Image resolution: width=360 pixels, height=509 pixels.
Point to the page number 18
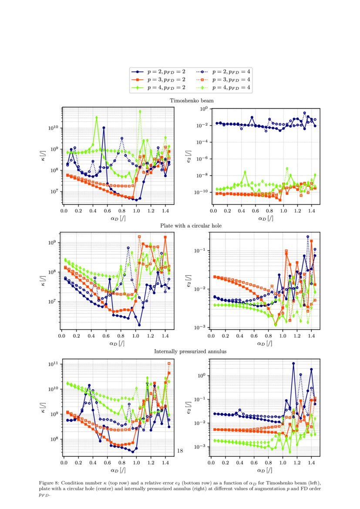(x=180, y=451)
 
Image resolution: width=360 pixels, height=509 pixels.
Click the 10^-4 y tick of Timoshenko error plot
(x=202, y=142)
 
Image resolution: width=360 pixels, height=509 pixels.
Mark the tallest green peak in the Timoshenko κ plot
(x=140, y=111)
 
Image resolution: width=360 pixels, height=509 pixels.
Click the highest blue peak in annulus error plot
(x=293, y=363)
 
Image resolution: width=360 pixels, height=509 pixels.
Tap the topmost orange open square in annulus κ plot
(x=169, y=363)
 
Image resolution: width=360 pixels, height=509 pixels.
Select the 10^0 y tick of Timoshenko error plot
(x=203, y=109)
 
